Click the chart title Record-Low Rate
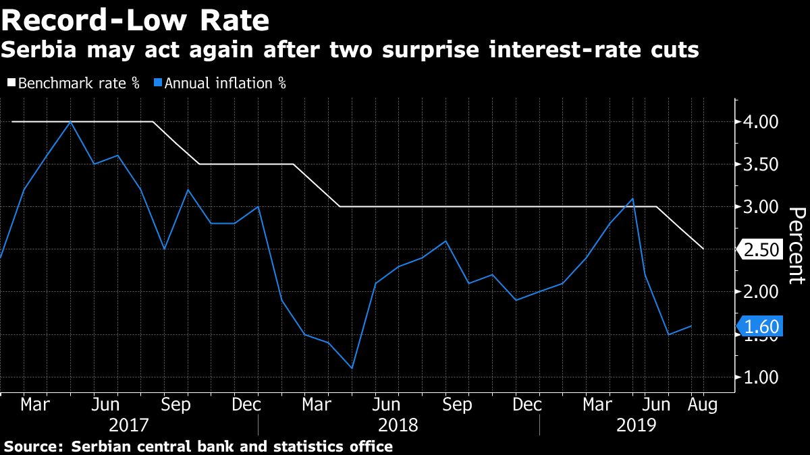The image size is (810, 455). [136, 21]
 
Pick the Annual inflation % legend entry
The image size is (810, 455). [219, 84]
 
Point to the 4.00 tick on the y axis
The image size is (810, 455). [760, 122]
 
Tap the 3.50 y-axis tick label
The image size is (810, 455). [760, 164]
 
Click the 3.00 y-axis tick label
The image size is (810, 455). [760, 207]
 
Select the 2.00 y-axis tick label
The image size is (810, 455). [760, 292]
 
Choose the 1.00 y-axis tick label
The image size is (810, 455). [760, 377]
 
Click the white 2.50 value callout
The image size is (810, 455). [761, 250]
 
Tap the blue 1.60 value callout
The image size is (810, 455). [761, 327]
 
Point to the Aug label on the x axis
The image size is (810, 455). [703, 405]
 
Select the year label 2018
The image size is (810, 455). [399, 426]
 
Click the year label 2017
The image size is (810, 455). [128, 426]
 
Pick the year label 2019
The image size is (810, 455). [637, 426]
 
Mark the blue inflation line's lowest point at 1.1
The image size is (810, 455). [352, 368]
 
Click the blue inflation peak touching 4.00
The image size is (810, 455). [70, 122]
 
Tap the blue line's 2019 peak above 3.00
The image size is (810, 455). [632, 198]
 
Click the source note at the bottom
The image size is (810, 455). [198, 446]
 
